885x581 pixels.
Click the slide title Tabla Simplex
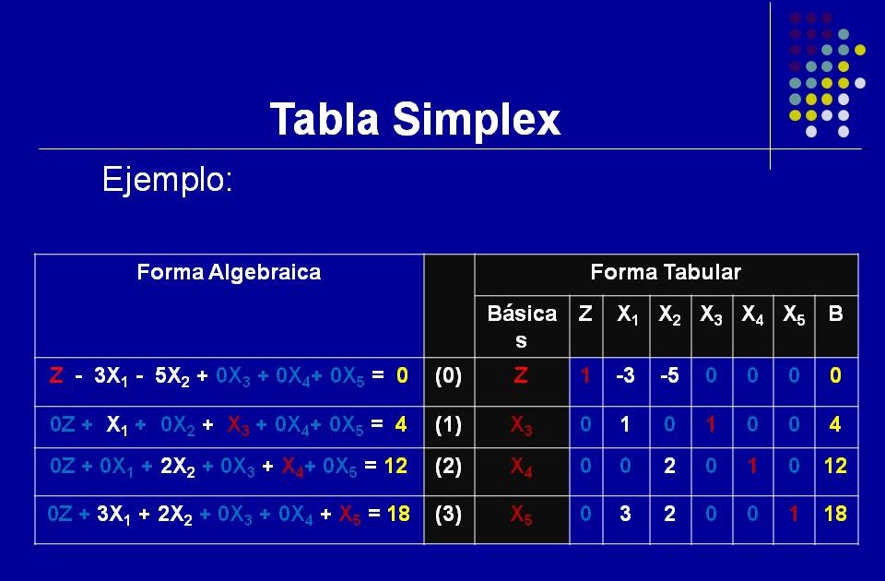point(415,120)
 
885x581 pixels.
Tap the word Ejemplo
point(167,179)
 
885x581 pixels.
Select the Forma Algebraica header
point(229,272)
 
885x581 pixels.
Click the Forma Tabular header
point(665,272)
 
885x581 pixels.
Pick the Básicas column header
point(522,326)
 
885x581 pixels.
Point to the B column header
point(835,314)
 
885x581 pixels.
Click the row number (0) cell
point(448,376)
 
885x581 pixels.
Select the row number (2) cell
point(448,466)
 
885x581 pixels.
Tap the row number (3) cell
point(448,514)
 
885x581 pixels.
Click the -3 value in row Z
point(624,376)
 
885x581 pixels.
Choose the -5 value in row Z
point(668,376)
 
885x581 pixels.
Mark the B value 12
point(835,467)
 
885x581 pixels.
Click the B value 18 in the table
point(835,514)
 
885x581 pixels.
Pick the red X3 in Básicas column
point(522,426)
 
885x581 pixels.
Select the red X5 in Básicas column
point(522,515)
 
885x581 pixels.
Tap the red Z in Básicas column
point(522,376)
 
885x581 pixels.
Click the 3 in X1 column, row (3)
point(625,514)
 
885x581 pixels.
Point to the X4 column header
point(752,314)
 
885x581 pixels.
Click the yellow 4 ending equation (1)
point(401,425)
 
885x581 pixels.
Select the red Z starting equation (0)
point(57,376)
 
